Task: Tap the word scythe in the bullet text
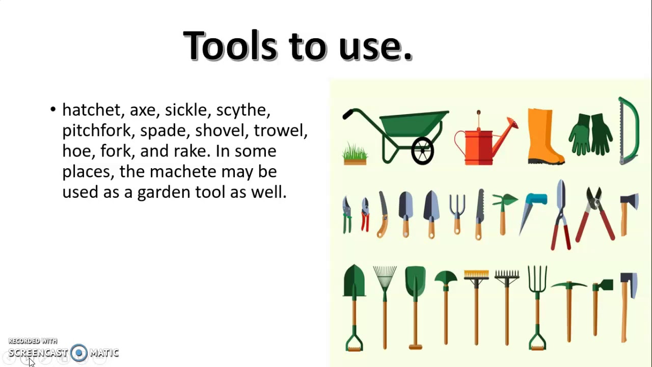(243, 110)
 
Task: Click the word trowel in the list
(280, 130)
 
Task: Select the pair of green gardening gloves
(591, 134)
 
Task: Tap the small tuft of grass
(355, 153)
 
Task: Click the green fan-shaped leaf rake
(385, 278)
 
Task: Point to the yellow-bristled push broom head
(476, 276)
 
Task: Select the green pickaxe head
(569, 285)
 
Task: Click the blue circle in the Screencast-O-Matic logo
(79, 353)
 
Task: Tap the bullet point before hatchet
(53, 110)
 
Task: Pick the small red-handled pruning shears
(365, 214)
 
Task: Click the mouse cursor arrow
(31, 362)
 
